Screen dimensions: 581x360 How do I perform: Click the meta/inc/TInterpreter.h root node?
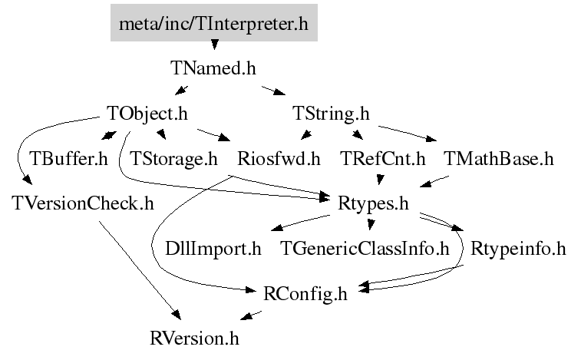(214, 23)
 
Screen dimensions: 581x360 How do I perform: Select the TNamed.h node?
(213, 68)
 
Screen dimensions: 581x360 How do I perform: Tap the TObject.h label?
(147, 114)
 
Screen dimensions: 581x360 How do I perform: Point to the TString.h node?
(331, 114)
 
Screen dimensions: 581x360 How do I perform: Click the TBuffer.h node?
(68, 159)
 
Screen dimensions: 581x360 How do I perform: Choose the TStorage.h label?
(173, 159)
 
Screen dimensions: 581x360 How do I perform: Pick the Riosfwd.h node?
(279, 159)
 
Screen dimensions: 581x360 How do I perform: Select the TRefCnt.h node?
(382, 159)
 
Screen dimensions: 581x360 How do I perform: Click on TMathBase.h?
(498, 159)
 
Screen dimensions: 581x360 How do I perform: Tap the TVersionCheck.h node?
(83, 203)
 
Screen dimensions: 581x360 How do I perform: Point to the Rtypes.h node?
(373, 204)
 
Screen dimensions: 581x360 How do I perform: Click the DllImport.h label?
(213, 249)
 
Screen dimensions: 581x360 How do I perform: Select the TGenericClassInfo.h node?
(365, 249)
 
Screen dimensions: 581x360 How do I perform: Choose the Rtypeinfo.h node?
(518, 249)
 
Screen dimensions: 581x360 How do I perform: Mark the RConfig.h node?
(305, 294)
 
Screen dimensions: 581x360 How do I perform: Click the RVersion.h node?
(194, 339)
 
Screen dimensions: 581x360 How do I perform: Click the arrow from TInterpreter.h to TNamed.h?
(214, 45)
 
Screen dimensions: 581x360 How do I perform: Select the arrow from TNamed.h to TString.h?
(274, 91)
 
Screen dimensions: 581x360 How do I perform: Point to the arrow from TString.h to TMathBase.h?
(408, 134)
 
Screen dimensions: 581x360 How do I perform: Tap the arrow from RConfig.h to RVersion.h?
(251, 315)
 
